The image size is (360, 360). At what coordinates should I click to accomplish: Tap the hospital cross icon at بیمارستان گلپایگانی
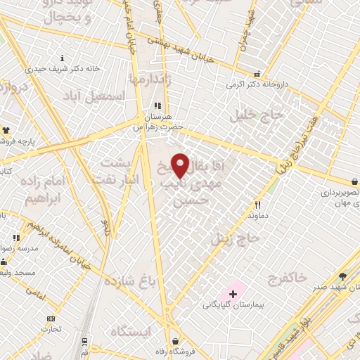click(x=233, y=292)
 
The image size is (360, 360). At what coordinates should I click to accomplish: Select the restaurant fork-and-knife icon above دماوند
click(x=257, y=205)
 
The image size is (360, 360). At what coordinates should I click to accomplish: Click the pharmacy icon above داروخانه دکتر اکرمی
click(x=257, y=73)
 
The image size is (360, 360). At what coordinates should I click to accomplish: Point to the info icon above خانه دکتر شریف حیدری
click(x=63, y=58)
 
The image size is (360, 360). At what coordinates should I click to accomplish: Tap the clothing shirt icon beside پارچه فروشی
click(x=6, y=131)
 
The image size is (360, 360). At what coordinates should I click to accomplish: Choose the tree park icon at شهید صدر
click(x=342, y=277)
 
